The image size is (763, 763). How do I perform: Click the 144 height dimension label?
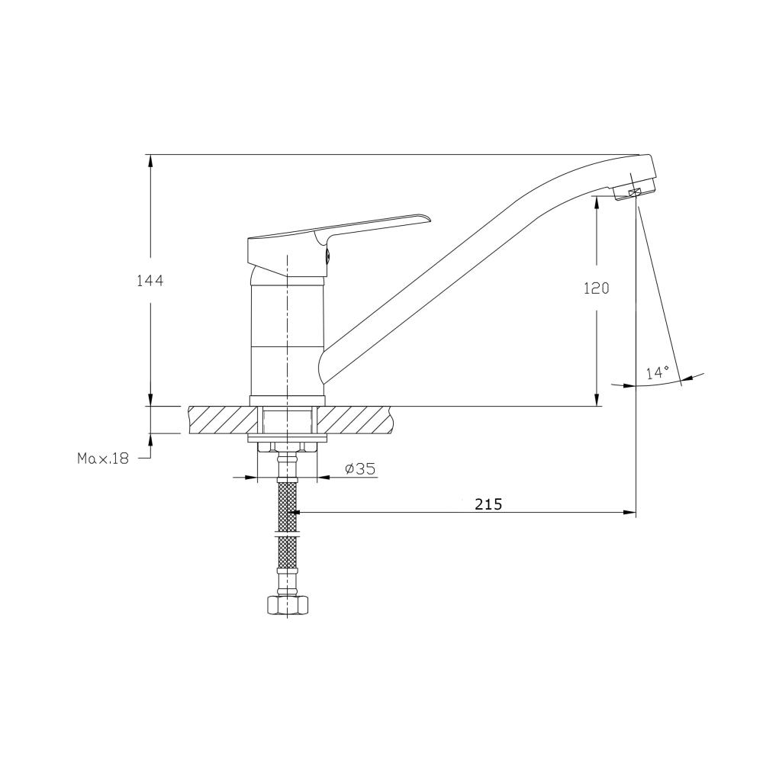click(150, 281)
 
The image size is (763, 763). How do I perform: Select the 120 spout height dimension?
click(597, 288)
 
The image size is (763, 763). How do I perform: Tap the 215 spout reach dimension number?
click(488, 504)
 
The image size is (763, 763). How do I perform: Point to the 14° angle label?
click(658, 373)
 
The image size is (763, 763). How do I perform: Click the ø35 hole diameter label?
click(360, 468)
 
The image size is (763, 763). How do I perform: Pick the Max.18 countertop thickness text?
click(103, 459)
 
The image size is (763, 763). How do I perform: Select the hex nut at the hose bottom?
click(287, 605)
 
